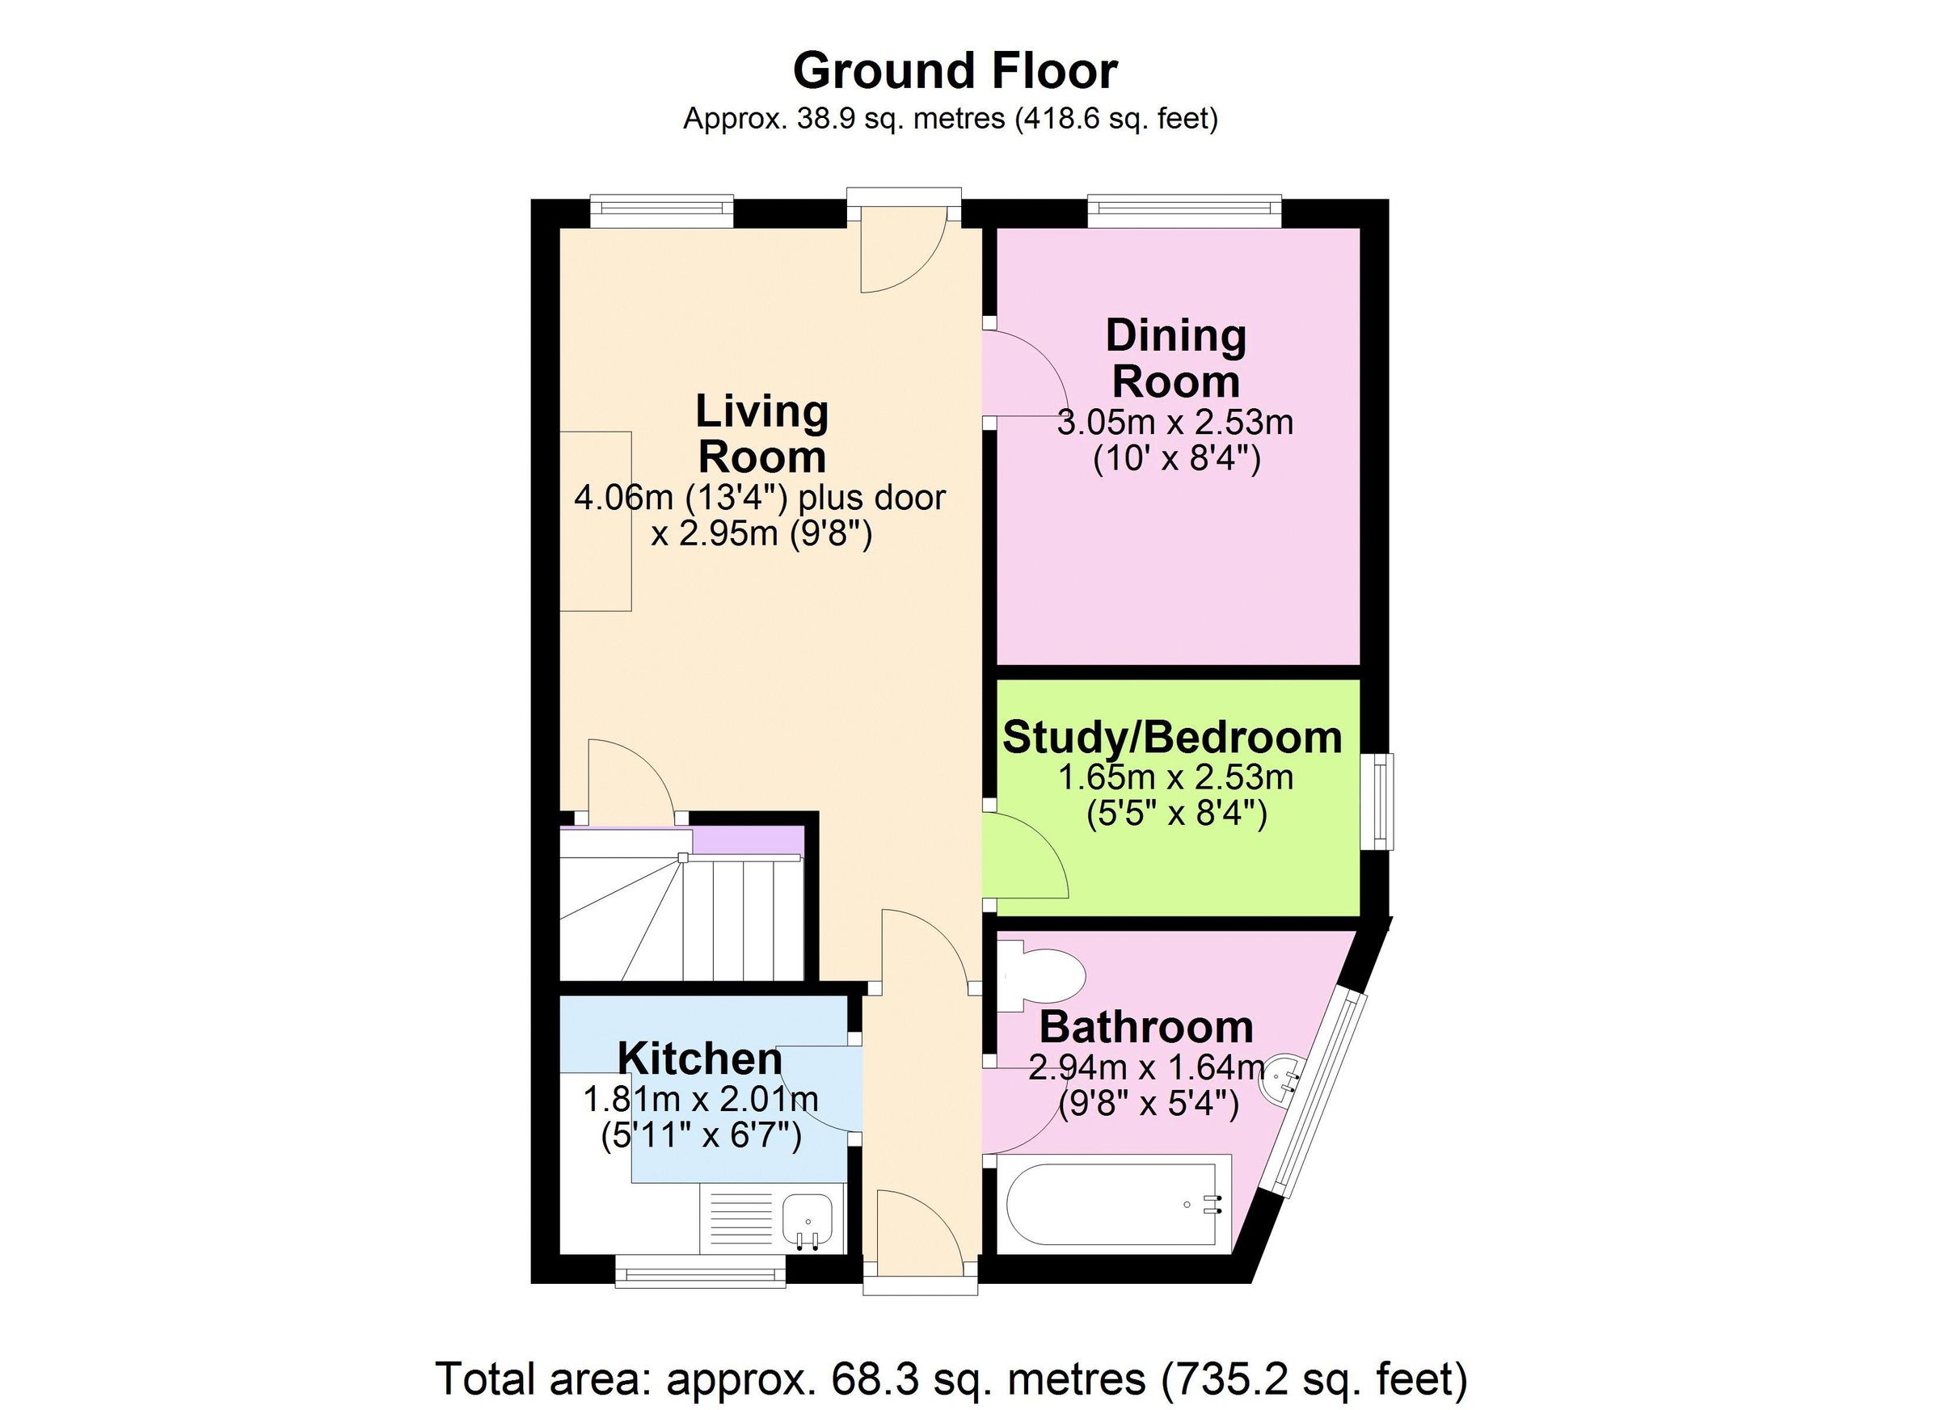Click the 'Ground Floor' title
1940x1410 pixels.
(x=955, y=70)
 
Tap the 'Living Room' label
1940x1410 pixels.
(x=762, y=434)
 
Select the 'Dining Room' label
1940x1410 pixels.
(x=1175, y=358)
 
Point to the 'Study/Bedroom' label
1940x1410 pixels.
(x=1172, y=737)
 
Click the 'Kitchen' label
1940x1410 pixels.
(x=700, y=1058)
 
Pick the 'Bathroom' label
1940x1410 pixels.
(x=1146, y=1027)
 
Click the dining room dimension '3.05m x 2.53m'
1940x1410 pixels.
(x=1175, y=423)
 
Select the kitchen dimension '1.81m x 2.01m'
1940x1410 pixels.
(x=701, y=1098)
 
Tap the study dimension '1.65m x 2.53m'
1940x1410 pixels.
(x=1175, y=777)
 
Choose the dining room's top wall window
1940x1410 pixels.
(x=1185, y=213)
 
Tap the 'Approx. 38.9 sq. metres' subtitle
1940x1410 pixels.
(x=951, y=118)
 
